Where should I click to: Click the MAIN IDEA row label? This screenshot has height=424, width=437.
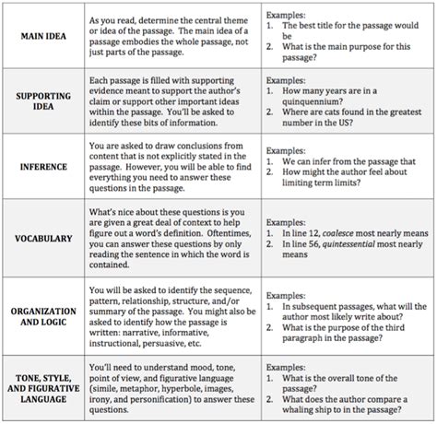click(43, 36)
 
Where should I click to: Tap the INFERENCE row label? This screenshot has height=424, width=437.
click(43, 168)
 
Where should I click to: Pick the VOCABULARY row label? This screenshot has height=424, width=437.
click(43, 238)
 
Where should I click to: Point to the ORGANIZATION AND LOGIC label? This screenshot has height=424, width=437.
click(43, 317)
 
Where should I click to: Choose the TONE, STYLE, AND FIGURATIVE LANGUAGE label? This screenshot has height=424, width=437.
click(43, 388)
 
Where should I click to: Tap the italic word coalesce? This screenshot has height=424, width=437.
click(341, 234)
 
